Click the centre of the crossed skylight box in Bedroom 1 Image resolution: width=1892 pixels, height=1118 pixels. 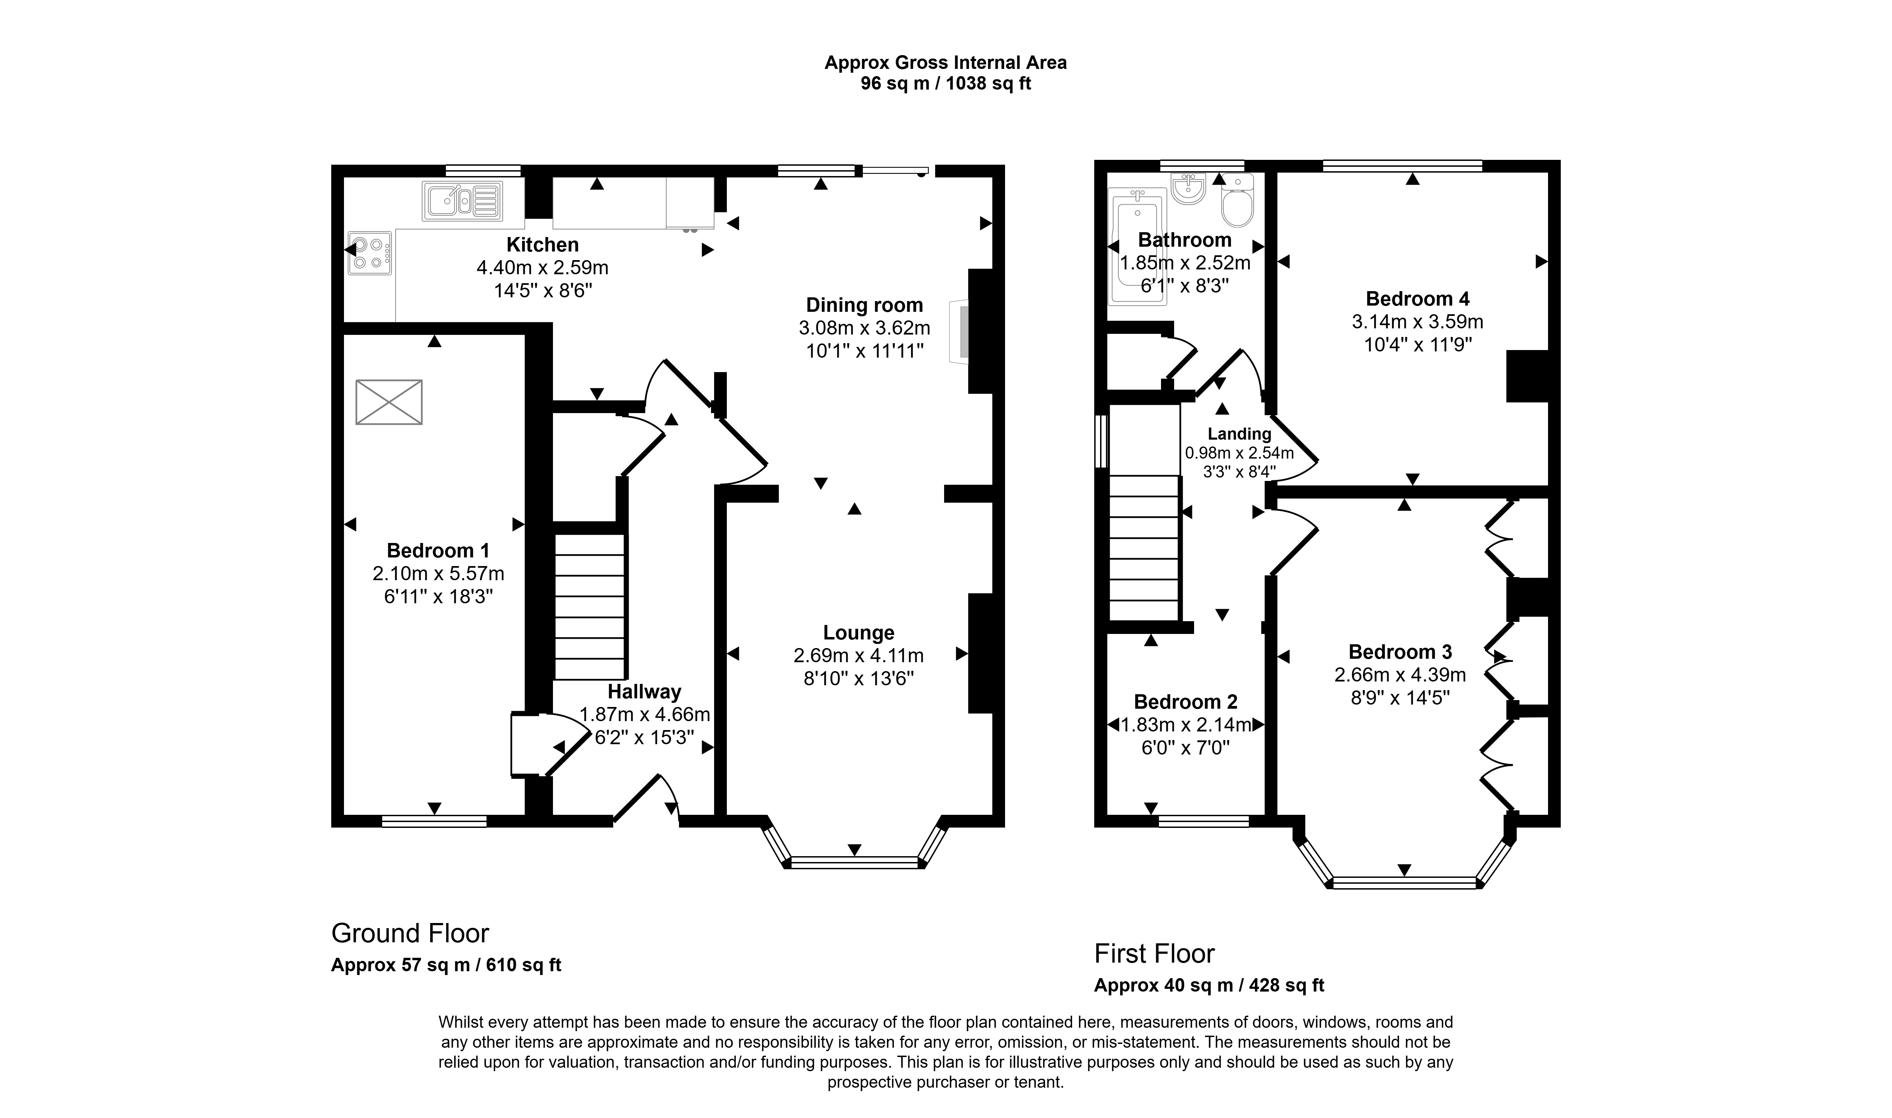[388, 402]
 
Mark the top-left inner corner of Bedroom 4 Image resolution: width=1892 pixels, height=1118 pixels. [1277, 173]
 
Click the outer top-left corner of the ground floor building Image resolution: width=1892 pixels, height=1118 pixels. [332, 165]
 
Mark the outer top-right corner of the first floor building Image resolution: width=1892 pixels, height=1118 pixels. [1560, 161]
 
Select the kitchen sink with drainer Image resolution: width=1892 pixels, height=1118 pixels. [462, 201]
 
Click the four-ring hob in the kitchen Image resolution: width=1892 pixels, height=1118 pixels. [370, 253]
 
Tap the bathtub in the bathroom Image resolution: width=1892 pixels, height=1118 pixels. [1137, 246]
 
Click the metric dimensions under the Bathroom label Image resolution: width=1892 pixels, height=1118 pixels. [1185, 263]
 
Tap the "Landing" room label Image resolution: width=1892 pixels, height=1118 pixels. [1239, 434]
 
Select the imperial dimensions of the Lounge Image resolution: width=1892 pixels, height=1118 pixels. [859, 679]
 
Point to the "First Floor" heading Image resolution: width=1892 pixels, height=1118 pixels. [1154, 954]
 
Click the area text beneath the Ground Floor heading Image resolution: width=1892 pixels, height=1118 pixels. [447, 965]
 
